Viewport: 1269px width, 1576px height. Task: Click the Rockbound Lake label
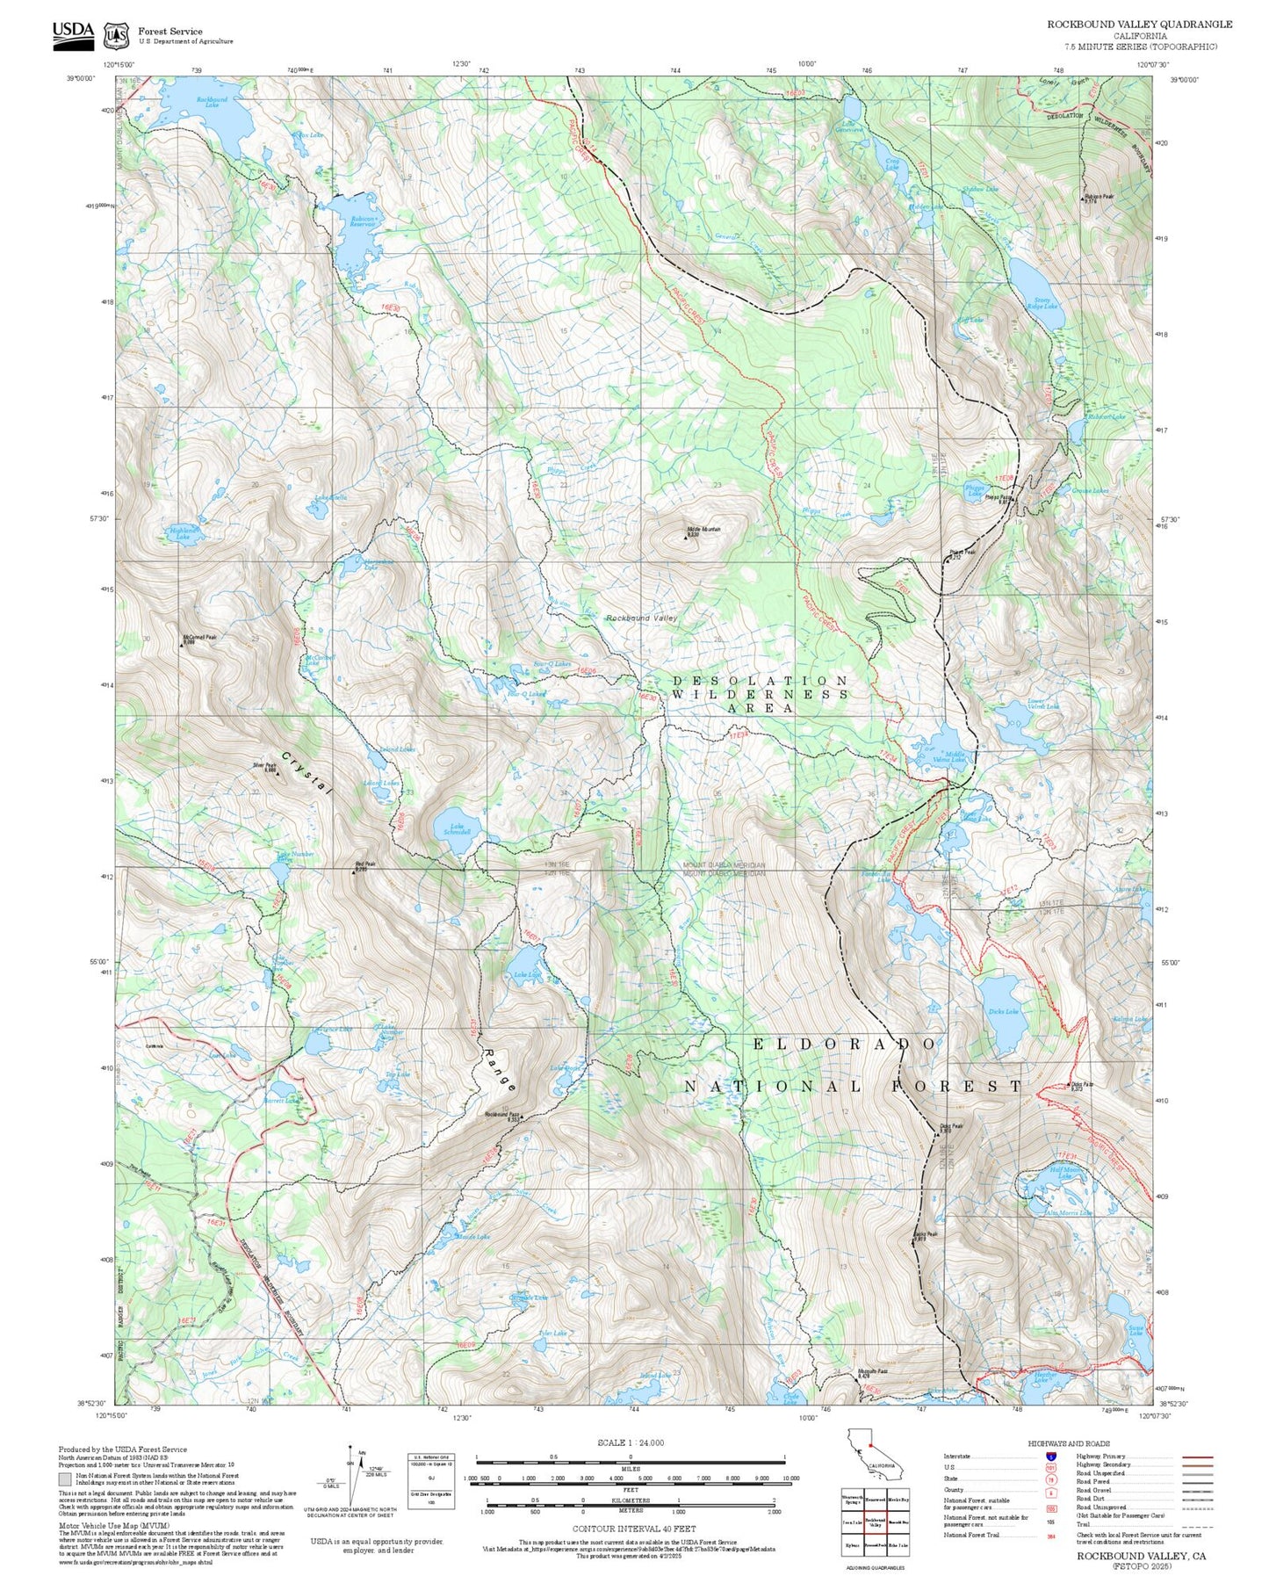[212, 103]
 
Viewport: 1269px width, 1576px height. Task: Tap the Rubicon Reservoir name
[363, 221]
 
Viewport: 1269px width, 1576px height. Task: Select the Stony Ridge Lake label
[1049, 303]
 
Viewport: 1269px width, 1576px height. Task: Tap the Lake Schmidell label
[458, 830]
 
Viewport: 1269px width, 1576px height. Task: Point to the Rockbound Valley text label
[642, 618]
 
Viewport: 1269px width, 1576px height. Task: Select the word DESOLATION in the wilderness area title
[761, 681]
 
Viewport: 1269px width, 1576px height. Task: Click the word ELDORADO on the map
[845, 1044]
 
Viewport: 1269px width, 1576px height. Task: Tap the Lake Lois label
[527, 975]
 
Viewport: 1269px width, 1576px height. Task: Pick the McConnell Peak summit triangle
[183, 645]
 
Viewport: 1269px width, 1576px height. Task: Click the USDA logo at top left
[73, 33]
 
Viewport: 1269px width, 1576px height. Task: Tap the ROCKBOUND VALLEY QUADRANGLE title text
[1139, 25]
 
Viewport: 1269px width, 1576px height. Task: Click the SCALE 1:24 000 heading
[630, 1442]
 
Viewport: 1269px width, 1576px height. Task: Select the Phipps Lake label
[975, 492]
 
